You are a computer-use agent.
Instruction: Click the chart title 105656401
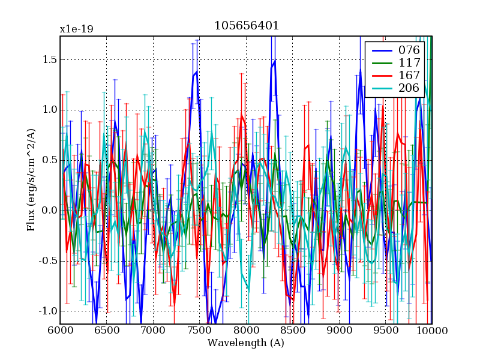coord(246,26)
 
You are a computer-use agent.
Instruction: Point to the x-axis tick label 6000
coord(60,331)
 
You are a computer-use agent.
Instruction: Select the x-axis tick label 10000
coord(431,331)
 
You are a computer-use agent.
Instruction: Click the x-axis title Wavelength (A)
coord(246,343)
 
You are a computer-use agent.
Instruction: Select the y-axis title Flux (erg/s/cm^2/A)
coord(31,180)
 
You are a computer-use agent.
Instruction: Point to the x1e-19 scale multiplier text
coord(76,29)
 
